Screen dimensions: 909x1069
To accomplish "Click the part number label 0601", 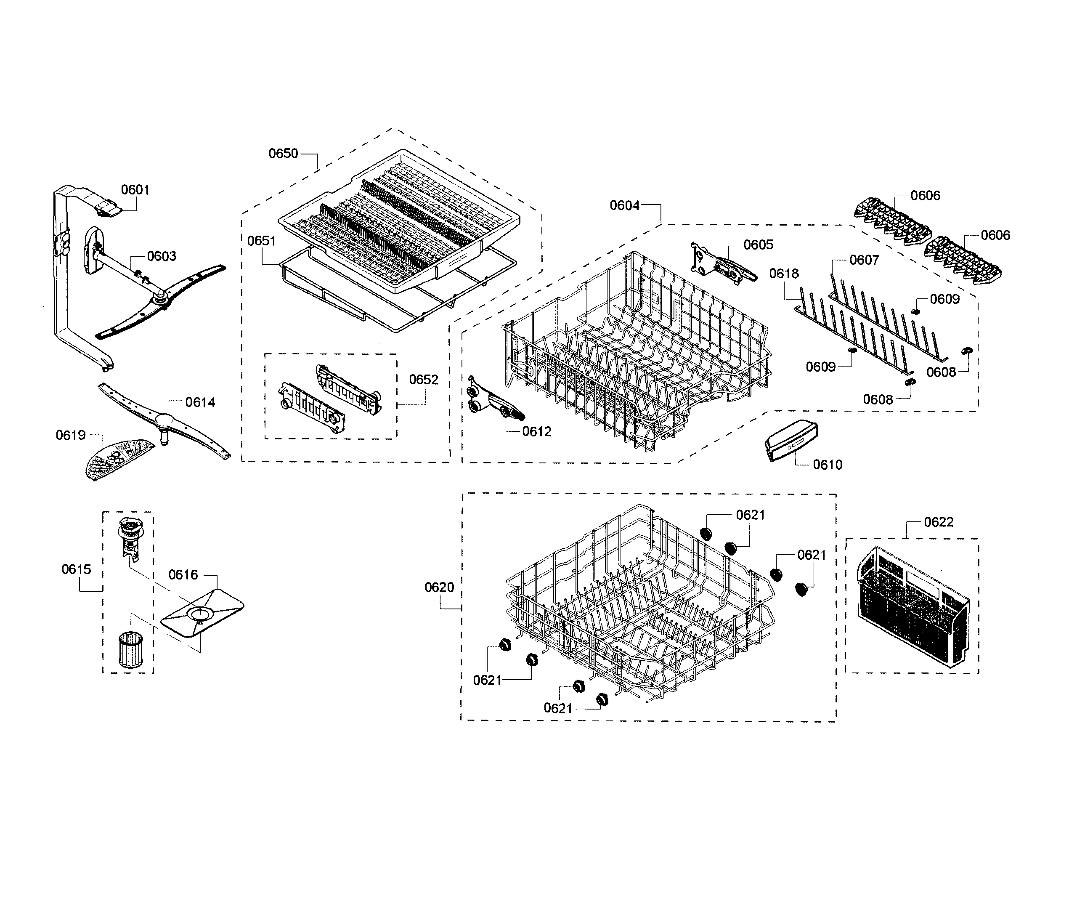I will [135, 190].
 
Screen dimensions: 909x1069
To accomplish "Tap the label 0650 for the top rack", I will [284, 154].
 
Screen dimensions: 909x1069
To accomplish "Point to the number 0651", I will [261, 241].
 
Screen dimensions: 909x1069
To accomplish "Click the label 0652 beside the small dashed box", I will [424, 380].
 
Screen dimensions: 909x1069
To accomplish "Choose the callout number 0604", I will [624, 206].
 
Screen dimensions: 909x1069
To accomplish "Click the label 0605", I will [759, 245].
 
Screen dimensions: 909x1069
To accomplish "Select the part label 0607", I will [864, 260].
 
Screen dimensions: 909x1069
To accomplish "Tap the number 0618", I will [784, 274].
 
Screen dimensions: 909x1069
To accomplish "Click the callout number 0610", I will [828, 465].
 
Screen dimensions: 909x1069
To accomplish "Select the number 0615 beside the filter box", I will [76, 569].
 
